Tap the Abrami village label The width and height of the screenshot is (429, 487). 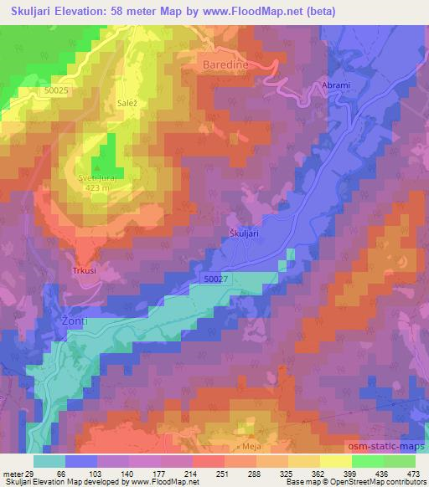334,85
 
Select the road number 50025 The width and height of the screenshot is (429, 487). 57,90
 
